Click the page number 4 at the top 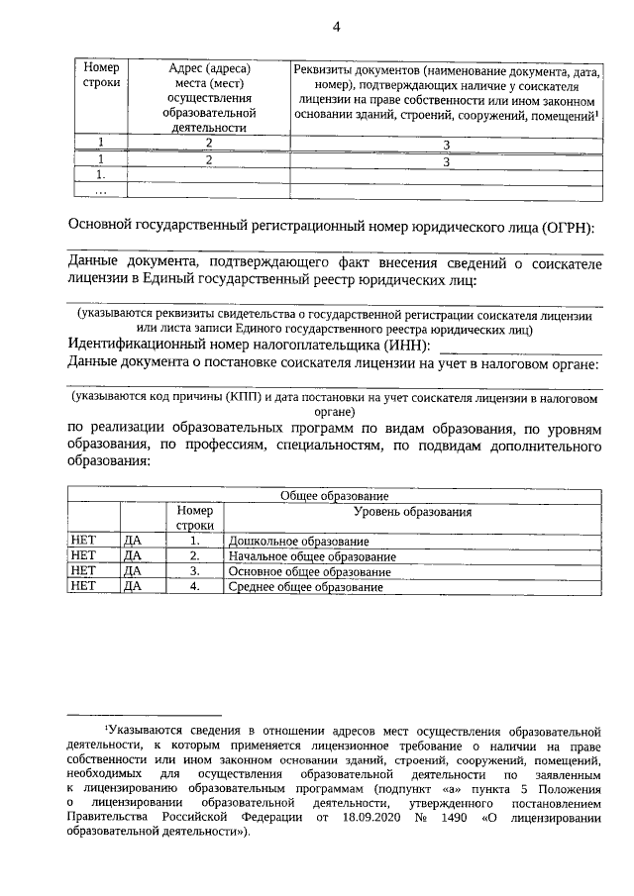point(336,27)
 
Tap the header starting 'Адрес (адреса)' point(208,97)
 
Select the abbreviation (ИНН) point(408,346)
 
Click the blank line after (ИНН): point(519,348)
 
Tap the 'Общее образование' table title point(334,495)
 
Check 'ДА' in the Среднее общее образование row point(133,587)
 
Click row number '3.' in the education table point(195,571)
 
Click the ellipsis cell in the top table point(100,190)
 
